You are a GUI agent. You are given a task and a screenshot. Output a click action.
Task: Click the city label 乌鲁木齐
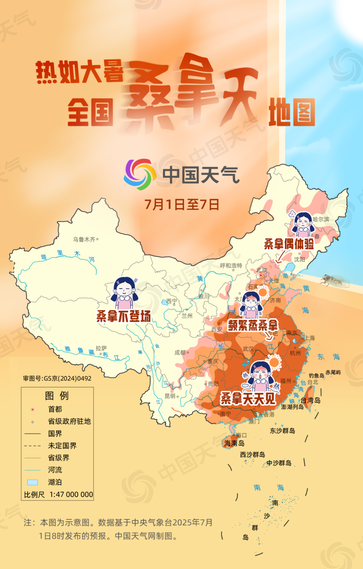[84, 239]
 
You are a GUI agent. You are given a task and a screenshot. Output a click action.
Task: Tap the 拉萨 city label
[101, 348]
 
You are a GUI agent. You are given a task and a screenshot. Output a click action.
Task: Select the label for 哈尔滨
[321, 219]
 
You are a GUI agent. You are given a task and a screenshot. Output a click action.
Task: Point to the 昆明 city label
[170, 396]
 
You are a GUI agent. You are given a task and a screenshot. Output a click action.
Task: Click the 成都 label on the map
[180, 352]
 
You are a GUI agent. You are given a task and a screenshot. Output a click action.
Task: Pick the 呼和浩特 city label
[231, 266]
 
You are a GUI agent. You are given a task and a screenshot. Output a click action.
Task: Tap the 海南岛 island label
[234, 443]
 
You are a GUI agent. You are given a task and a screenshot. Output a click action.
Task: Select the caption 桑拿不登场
[123, 316]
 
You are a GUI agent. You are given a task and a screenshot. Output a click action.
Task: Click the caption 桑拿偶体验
[289, 244]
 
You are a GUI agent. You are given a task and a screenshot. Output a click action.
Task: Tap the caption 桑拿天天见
[248, 399]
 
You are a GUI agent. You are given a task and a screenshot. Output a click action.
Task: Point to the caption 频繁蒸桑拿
[253, 325]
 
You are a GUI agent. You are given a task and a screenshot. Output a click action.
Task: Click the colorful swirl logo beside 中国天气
[139, 174]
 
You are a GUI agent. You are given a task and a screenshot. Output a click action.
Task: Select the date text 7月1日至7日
[182, 204]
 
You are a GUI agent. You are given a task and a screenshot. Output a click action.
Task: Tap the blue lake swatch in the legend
[33, 482]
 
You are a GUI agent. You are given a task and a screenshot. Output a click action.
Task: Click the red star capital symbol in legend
[33, 409]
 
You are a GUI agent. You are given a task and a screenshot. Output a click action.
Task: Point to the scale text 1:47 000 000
[71, 494]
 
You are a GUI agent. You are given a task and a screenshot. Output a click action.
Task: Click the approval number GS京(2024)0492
[57, 378]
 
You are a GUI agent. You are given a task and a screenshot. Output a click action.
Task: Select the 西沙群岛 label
[252, 454]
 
